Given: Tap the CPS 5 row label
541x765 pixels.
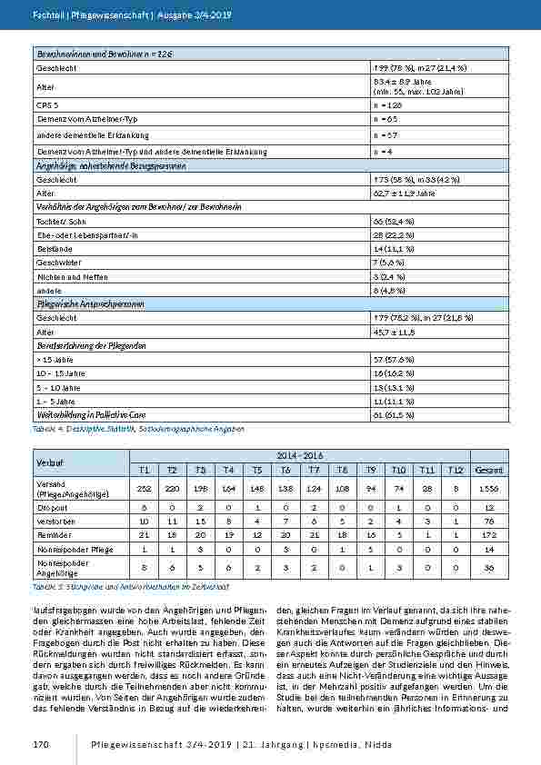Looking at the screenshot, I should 47,105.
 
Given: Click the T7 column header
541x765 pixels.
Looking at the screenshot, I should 313,470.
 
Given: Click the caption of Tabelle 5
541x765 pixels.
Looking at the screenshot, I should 134,588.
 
